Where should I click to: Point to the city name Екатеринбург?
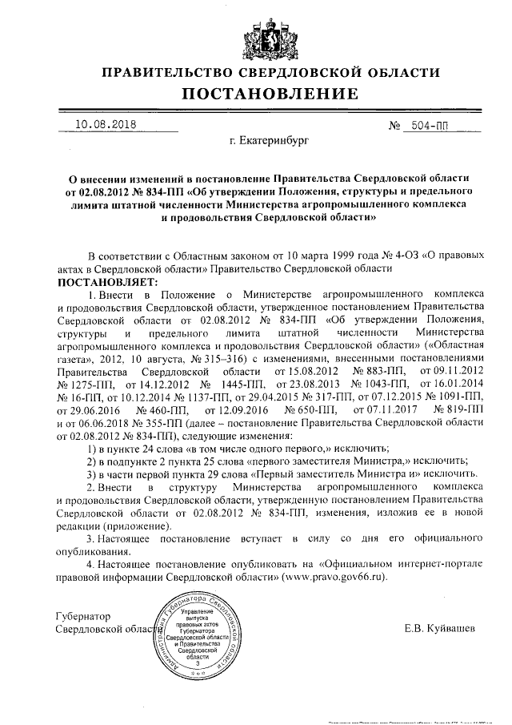point(268,142)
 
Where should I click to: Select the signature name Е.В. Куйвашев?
point(440,627)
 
